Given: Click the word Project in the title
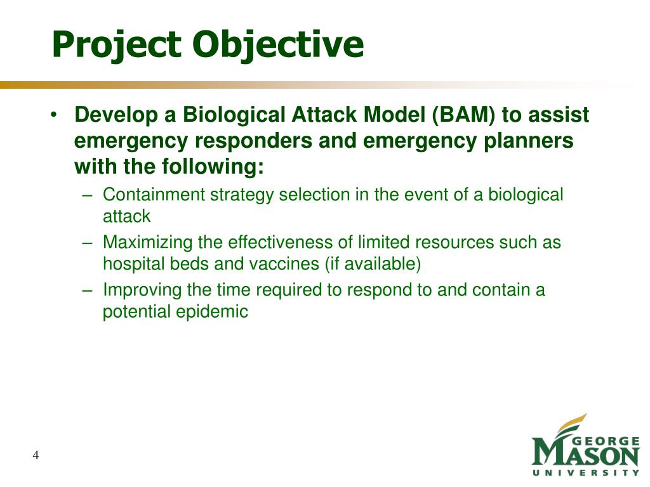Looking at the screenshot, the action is coord(117,45).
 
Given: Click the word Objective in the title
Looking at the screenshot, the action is coord(278,45).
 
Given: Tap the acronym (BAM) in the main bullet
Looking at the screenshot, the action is coord(463,115).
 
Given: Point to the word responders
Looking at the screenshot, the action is coord(253,141).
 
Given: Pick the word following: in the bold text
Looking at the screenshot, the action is coord(212,167).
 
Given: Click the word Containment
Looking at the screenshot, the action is coord(154,195).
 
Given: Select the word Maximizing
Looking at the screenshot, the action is coord(147,243).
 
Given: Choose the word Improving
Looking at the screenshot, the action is coord(142,290).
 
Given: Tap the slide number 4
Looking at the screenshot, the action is coord(36,455).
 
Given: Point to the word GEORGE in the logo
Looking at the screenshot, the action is coord(606,441).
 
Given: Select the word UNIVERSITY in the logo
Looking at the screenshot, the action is coord(586,473).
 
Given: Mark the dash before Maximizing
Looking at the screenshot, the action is coord(87,243).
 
